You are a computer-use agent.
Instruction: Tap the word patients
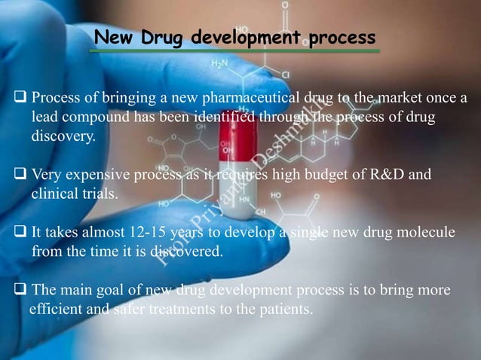point(286,307)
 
